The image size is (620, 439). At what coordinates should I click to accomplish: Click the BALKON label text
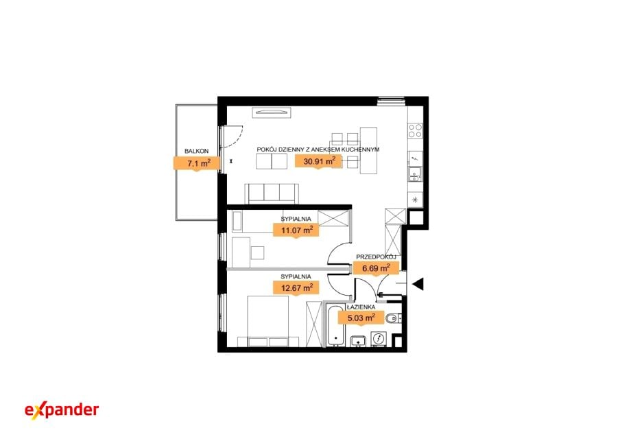point(197,151)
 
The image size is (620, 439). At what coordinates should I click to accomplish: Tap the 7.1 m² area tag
point(197,163)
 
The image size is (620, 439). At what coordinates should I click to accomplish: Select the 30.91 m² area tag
point(319,161)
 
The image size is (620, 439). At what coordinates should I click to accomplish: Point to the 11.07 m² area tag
point(296,230)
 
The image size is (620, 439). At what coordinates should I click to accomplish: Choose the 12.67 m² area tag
point(296,287)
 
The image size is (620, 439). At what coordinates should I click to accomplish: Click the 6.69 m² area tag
point(376,268)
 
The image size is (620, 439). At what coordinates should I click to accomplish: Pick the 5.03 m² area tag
point(361,318)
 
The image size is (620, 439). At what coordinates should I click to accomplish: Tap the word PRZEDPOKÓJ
point(376,257)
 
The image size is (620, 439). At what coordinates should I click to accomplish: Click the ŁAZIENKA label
point(361,307)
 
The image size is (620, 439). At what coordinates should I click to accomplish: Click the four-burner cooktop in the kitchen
point(415,131)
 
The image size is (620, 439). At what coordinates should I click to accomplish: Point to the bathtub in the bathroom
point(335,325)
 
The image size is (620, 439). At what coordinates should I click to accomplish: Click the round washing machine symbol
point(379,339)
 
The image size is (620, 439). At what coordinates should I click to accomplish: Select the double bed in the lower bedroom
point(268,321)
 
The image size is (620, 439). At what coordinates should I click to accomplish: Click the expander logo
point(62,410)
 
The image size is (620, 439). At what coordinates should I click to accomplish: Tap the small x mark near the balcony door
point(231,161)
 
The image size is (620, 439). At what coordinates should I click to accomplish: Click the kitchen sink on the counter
point(415,174)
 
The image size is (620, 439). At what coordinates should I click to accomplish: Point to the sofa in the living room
point(272,194)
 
